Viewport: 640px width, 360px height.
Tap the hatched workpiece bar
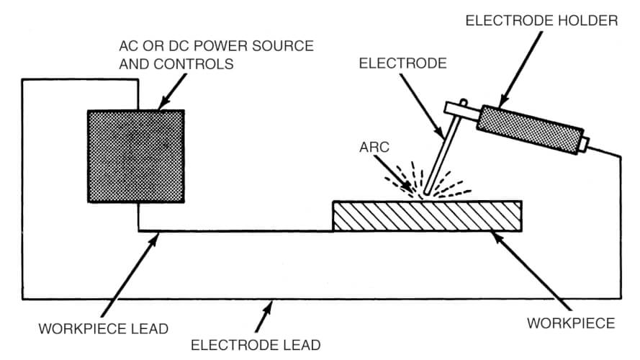tap(428, 217)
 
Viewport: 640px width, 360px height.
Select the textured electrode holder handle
tap(529, 130)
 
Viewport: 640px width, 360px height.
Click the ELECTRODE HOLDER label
tap(541, 21)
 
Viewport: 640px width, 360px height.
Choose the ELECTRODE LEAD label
tap(255, 345)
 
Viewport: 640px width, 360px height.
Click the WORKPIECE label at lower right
tap(571, 323)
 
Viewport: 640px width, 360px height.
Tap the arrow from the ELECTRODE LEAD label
tap(269, 318)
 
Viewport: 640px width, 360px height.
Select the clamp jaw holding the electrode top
tap(458, 109)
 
